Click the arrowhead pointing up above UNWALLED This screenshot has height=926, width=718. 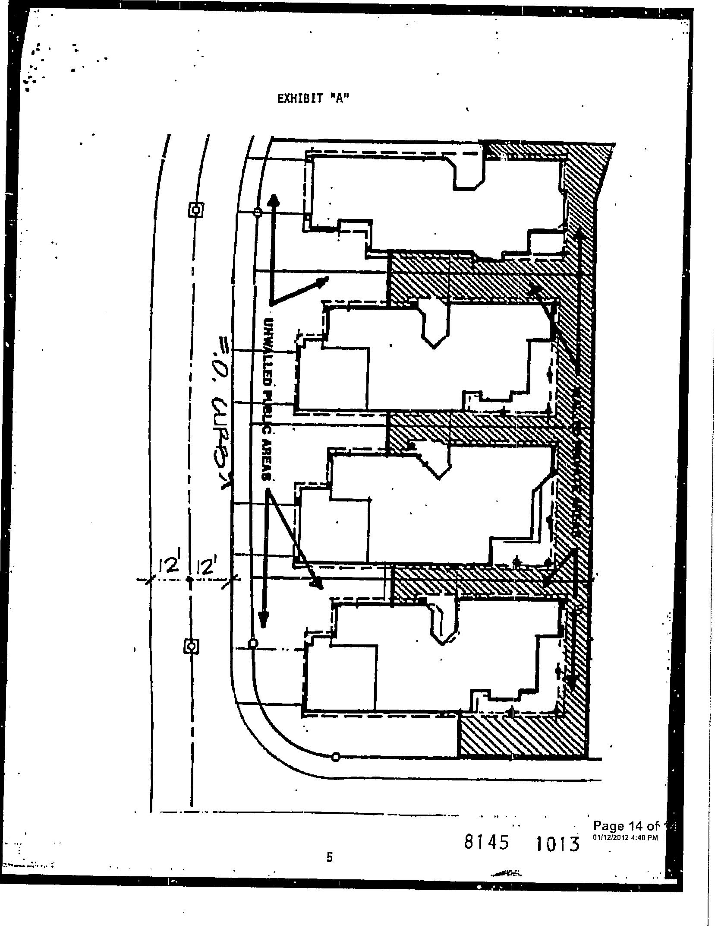pyautogui.click(x=273, y=199)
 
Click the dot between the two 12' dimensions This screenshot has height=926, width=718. pyautogui.click(x=189, y=580)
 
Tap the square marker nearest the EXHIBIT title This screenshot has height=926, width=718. pyautogui.click(x=196, y=210)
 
